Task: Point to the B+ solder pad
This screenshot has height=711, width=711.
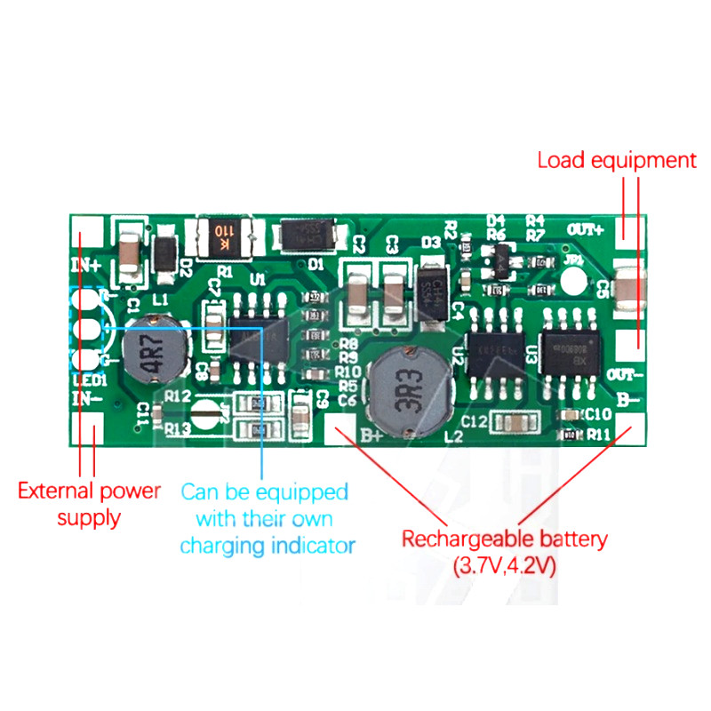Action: pos(340,429)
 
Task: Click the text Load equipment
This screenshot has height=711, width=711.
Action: pos(616,161)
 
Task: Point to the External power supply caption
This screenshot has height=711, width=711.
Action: pos(89,503)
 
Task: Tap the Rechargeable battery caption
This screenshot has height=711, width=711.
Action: pos(504,551)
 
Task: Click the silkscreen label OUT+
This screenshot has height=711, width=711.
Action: pos(586,229)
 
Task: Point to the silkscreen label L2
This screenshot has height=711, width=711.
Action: pos(453,438)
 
